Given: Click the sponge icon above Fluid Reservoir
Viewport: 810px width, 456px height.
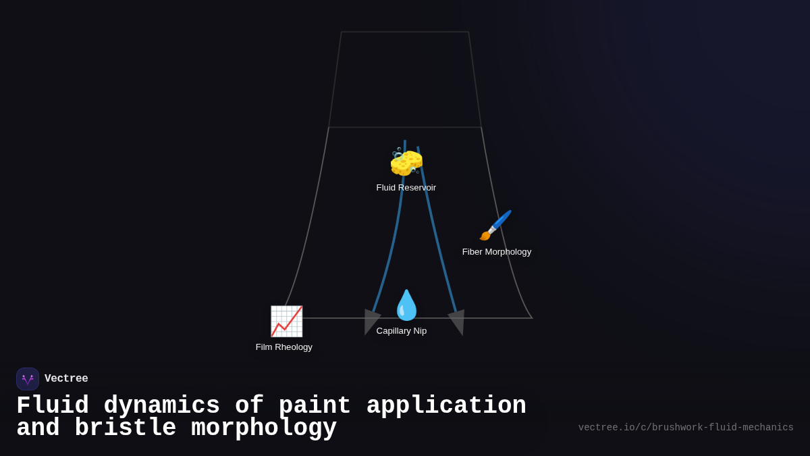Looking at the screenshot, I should tap(406, 162).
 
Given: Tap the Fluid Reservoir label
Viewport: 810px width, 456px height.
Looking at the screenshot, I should tap(406, 188).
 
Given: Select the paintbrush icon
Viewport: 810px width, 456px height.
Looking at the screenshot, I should tap(495, 226).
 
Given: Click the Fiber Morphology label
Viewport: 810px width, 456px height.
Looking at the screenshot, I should tap(497, 252).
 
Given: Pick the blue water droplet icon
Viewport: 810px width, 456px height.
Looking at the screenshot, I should tap(406, 305).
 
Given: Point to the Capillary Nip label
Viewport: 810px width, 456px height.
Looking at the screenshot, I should tap(402, 331).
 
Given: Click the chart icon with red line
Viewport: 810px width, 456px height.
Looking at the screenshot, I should tap(286, 321).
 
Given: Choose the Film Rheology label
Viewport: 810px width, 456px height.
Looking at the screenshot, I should tap(284, 347).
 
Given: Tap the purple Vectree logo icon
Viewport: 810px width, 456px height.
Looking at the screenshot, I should tap(28, 379).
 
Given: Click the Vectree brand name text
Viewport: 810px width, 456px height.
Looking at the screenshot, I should tap(66, 379).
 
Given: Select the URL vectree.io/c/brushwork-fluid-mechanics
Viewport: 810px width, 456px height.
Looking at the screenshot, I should tap(686, 428).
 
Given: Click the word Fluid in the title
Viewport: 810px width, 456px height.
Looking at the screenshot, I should tap(53, 406).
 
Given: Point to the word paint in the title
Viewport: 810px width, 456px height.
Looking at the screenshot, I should tap(315, 406).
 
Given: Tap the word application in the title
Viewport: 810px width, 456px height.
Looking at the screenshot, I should tap(446, 406).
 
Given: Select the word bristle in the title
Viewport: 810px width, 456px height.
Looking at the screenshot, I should tap(125, 428).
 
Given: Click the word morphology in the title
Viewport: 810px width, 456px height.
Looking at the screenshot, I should tap(264, 428).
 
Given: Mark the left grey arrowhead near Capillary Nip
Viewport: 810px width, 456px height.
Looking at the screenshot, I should tap(371, 320).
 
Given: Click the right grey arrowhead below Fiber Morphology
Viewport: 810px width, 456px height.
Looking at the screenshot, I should tap(458, 321).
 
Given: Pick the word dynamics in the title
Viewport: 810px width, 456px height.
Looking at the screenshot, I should tap(161, 406).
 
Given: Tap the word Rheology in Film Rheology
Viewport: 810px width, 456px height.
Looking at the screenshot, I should tap(294, 347).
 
